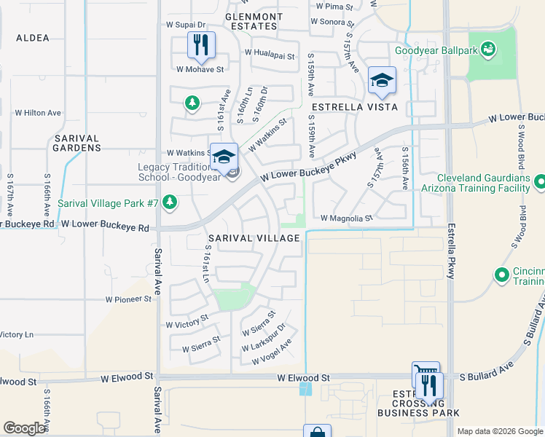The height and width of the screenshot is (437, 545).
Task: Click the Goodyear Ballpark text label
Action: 434,51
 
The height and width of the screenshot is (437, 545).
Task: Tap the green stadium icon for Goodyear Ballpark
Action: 487,50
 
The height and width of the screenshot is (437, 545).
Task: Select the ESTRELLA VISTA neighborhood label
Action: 354,107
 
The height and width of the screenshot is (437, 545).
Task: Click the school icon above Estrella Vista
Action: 381,80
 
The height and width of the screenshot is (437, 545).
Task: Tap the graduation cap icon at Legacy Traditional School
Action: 225,157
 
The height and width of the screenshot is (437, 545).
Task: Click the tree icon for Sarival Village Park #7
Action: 169,202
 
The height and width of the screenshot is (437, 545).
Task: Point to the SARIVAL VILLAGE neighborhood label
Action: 254,238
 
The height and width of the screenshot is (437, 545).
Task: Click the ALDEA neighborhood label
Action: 32,38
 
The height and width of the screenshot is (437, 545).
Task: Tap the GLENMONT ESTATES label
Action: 254,21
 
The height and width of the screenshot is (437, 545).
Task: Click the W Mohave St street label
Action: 199,69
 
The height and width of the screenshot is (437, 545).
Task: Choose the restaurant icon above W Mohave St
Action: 200,45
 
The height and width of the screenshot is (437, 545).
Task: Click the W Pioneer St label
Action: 128,299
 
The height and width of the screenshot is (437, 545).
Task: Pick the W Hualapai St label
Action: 270,54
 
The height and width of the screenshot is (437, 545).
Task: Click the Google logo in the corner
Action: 24,428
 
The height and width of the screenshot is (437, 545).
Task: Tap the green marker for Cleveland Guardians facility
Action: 540,181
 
